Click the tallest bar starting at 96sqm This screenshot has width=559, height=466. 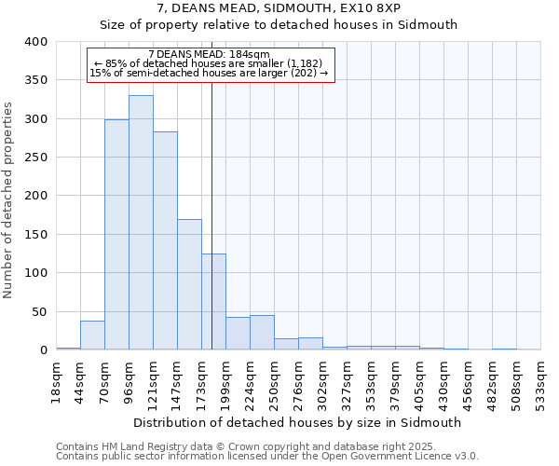tap(141, 223)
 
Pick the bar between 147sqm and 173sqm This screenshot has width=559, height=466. tap(189, 284)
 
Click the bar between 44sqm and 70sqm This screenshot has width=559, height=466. tap(92, 335)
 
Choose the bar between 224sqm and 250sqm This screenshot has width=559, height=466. tap(262, 333)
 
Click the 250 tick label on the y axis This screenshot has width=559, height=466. tap(35, 158)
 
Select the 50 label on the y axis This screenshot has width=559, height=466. tap(39, 311)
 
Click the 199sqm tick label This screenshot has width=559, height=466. tap(225, 380)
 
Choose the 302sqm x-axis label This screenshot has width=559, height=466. tap(322, 380)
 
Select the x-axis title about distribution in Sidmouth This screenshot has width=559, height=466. tap(297, 422)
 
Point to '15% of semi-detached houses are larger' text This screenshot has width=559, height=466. tap(209, 74)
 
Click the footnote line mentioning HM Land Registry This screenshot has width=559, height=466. tap(266, 446)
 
